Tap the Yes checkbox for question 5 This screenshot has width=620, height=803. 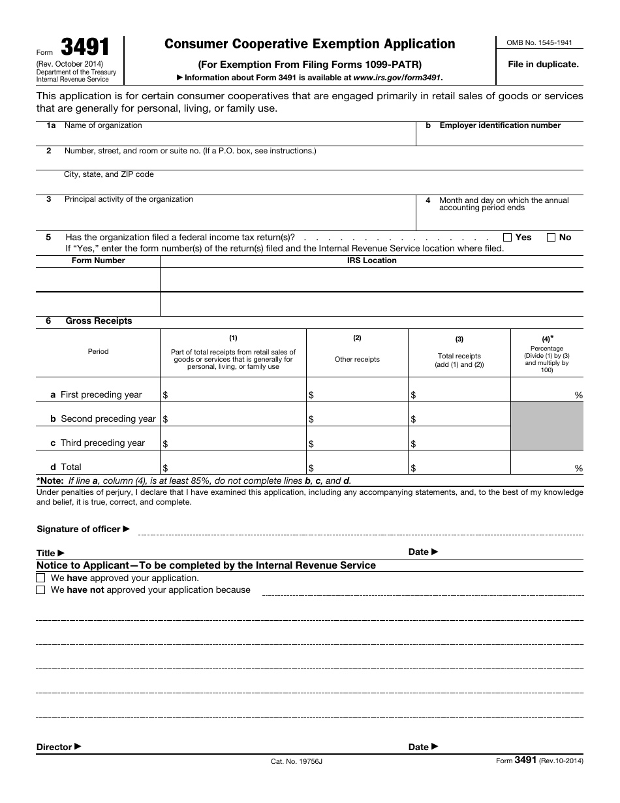pos(507,238)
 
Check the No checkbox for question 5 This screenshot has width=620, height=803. pos(551,238)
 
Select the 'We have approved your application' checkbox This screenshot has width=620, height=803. pos(41,578)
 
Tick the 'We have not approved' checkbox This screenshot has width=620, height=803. pos(41,590)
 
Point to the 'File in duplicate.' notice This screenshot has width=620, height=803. pos(543,64)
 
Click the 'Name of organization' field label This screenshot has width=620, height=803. pos(103,125)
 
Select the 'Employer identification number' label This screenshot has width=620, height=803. pos(500,125)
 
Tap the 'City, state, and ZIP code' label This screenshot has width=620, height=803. pos(109,175)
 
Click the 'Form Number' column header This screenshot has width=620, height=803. pos(98,260)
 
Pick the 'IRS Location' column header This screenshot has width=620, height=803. pos(371,260)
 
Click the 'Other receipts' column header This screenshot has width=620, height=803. pos(357,359)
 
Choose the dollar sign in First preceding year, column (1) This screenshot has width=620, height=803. pos(165,396)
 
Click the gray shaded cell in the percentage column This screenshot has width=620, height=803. pos(546,426)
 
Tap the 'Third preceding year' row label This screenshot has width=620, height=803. pos(102,443)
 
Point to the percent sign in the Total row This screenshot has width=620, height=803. pos(578,468)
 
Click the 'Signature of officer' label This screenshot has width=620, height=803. pos(78,529)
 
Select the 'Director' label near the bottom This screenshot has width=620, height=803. pos(54,747)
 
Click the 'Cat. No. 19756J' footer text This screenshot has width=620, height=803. pos(296,762)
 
